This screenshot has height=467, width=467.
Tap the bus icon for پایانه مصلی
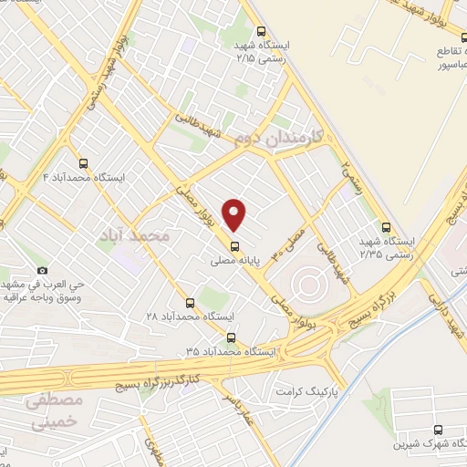click(235, 245)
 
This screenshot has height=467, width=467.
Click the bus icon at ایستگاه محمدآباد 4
click(84, 163)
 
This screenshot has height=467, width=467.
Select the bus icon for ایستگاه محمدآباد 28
click(191, 302)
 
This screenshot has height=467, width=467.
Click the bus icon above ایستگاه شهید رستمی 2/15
click(261, 31)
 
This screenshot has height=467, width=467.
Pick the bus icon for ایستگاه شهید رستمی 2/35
click(385, 228)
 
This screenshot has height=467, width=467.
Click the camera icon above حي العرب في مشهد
click(42, 271)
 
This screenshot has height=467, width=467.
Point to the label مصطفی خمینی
click(54, 410)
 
